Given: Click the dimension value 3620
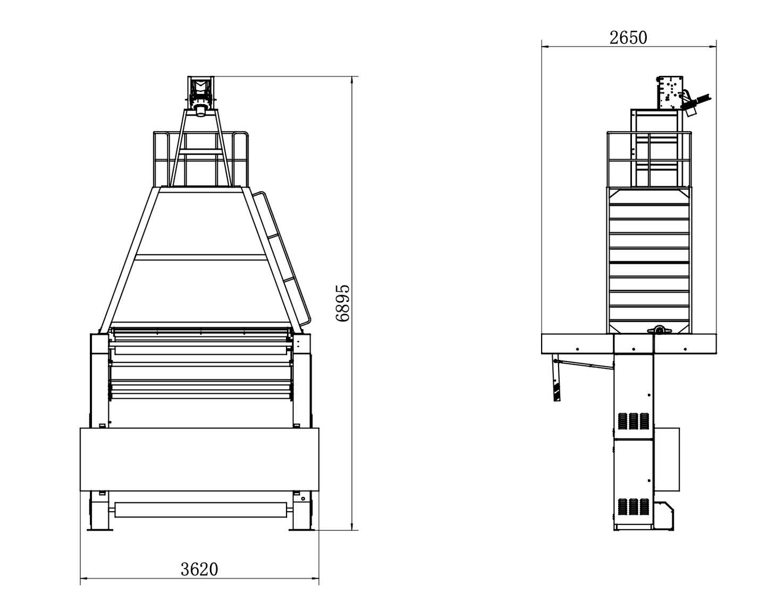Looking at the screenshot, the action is [199, 569].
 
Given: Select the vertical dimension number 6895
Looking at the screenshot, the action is [343, 303].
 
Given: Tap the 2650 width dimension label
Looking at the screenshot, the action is [628, 38].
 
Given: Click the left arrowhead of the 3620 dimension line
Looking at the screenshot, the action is [83, 578].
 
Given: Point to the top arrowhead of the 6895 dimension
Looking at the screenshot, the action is [352, 80].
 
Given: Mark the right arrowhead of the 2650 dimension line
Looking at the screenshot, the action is [713, 46].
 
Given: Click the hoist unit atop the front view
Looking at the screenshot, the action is [201, 96].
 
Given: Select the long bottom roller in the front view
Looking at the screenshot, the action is [201, 510].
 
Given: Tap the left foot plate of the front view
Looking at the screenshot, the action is [100, 530].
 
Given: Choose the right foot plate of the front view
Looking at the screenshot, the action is [301, 530].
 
